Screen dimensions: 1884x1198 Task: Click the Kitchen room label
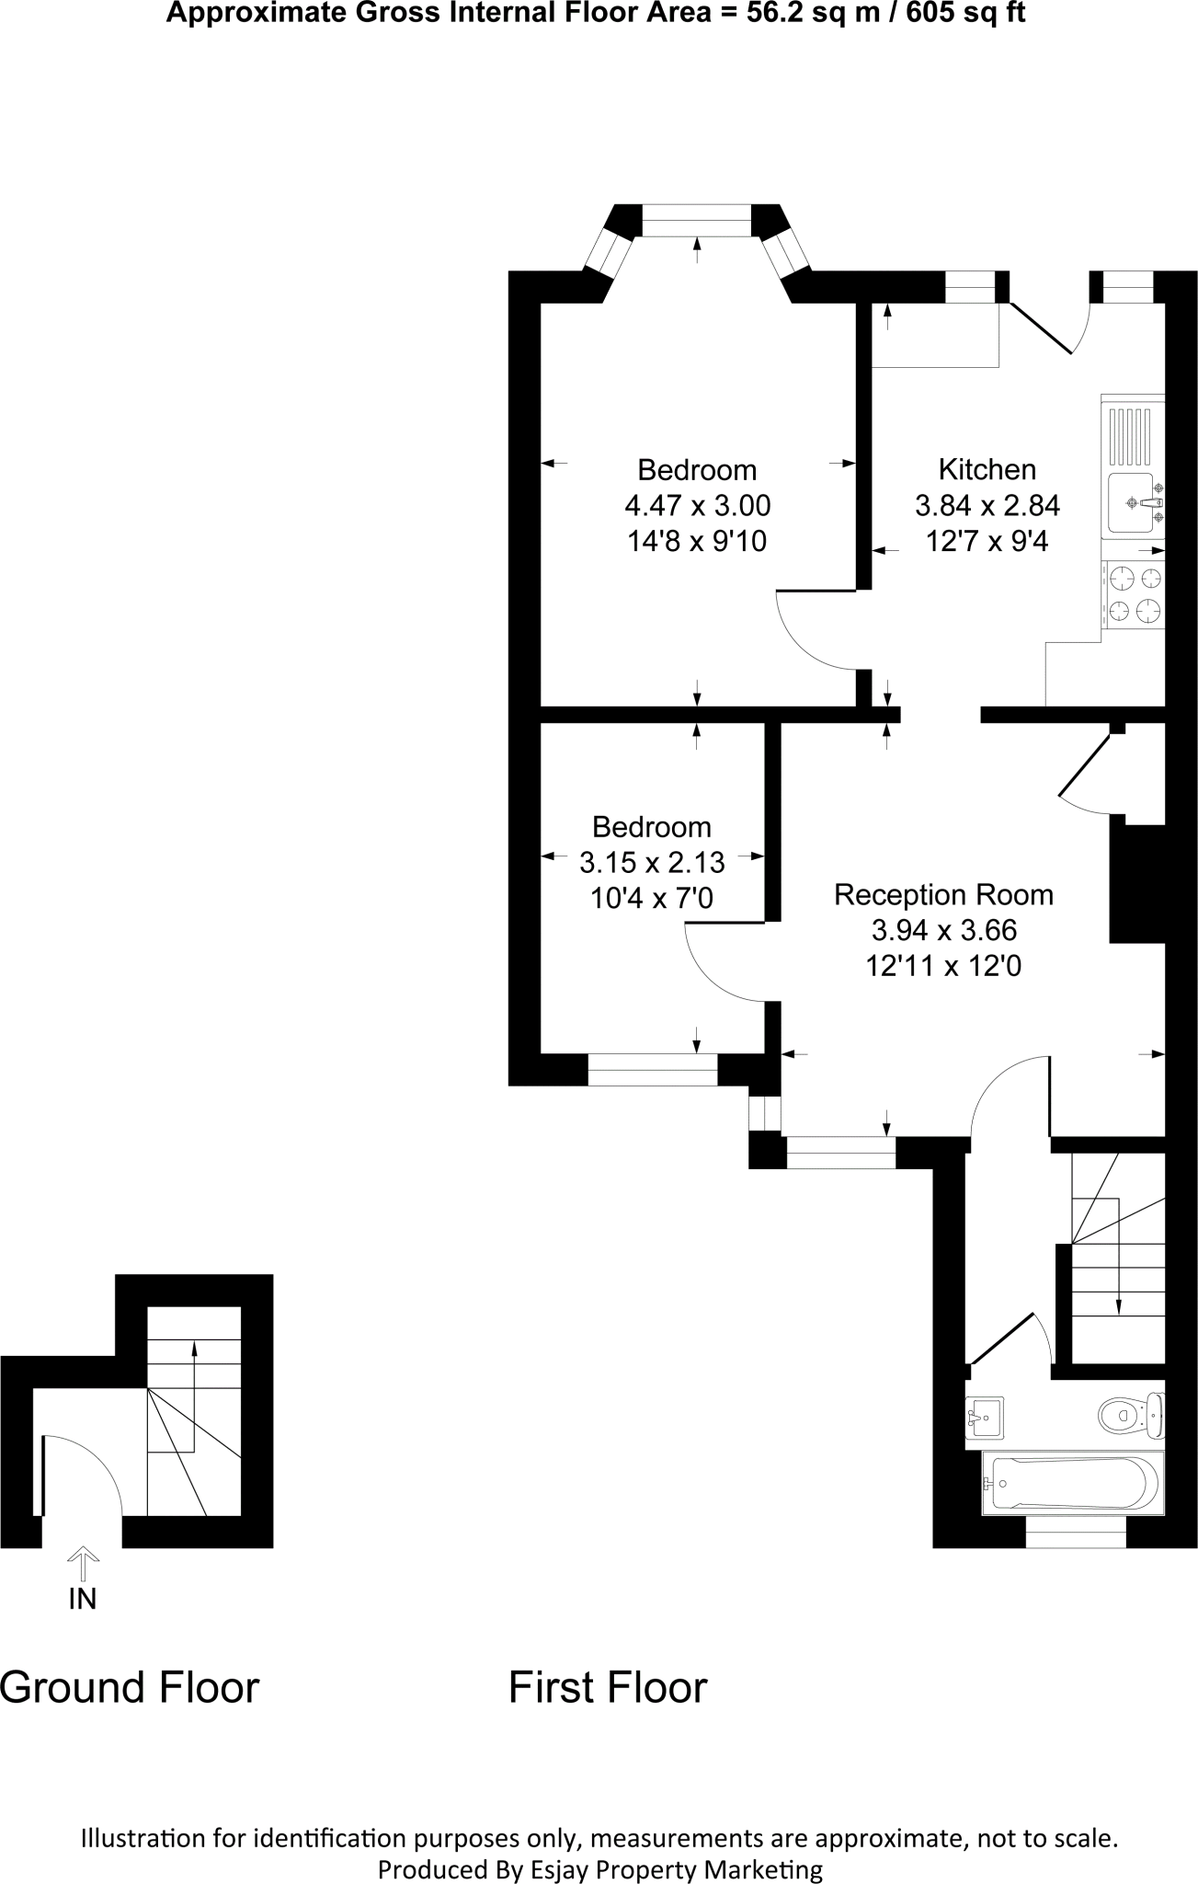[x=987, y=469]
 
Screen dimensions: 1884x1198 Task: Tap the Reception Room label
[x=943, y=894]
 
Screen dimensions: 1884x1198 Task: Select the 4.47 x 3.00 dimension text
[x=697, y=505]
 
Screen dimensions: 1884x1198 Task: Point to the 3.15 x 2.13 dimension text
[x=652, y=862]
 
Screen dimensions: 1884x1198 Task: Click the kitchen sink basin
[x=1131, y=502]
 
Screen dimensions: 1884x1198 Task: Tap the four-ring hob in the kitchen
[x=1135, y=594]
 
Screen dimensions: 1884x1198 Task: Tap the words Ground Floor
[x=130, y=1687]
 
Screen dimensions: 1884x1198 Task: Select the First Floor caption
[x=608, y=1687]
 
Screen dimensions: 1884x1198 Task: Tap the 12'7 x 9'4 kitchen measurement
[x=987, y=541]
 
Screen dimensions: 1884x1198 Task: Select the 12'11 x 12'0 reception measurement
[x=943, y=966]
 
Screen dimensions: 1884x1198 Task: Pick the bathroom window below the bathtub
[x=1075, y=1533]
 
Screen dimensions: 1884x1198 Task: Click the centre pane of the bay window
[x=696, y=220]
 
